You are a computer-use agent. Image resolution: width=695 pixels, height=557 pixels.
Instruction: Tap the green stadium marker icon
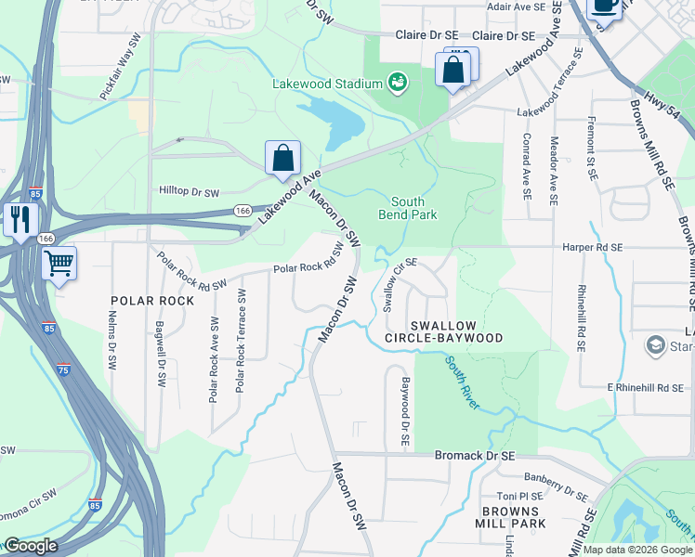click(398, 83)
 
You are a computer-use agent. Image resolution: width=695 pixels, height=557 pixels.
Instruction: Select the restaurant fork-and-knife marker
click(19, 220)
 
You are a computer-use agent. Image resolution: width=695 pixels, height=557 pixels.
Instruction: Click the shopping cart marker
click(59, 264)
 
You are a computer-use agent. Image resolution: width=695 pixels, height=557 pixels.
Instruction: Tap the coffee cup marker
click(605, 6)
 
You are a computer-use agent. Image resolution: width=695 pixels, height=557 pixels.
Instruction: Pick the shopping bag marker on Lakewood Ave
click(282, 159)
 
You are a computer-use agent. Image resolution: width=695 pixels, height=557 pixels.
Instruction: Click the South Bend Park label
click(407, 208)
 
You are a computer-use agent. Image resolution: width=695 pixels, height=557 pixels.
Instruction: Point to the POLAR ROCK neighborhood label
click(152, 301)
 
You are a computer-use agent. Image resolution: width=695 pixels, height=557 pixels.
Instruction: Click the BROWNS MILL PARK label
click(510, 518)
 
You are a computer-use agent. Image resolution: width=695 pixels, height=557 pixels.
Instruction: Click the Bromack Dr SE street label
click(475, 456)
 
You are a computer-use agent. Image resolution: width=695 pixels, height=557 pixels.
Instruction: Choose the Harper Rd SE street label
click(592, 248)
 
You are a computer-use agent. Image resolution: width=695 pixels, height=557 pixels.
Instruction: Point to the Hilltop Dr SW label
click(189, 192)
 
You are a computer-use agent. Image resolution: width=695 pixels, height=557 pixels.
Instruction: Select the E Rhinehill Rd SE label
click(646, 386)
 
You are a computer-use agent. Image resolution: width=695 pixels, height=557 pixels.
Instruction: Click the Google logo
click(30, 545)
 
